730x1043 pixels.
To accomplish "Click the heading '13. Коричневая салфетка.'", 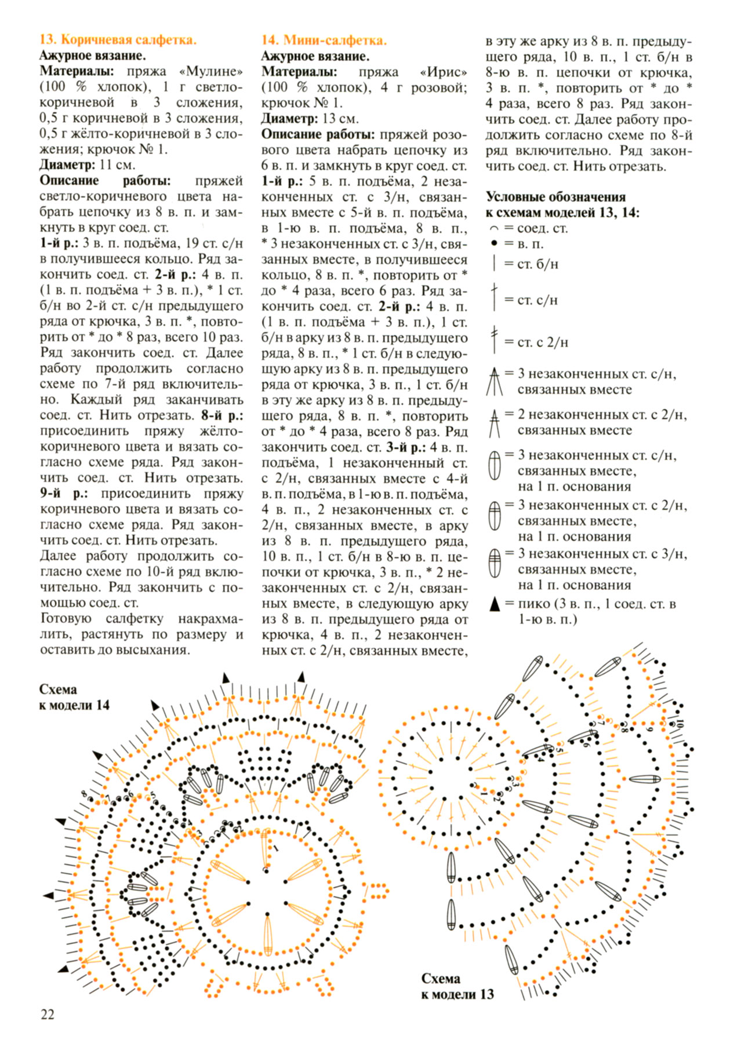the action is (x=118, y=40).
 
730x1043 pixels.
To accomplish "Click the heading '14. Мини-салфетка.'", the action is (x=324, y=40).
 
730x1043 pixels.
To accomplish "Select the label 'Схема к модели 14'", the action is (x=74, y=697).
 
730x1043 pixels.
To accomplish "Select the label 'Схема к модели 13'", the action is (x=457, y=986).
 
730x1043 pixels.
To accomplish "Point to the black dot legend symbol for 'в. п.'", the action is (x=494, y=244).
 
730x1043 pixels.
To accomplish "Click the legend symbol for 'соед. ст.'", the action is (x=494, y=229).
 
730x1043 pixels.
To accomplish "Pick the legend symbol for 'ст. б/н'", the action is (x=494, y=264).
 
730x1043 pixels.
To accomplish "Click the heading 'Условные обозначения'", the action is (x=555, y=197).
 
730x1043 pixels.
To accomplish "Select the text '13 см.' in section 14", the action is (x=340, y=119).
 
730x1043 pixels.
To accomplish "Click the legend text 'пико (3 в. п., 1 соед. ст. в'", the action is (x=597, y=604).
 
